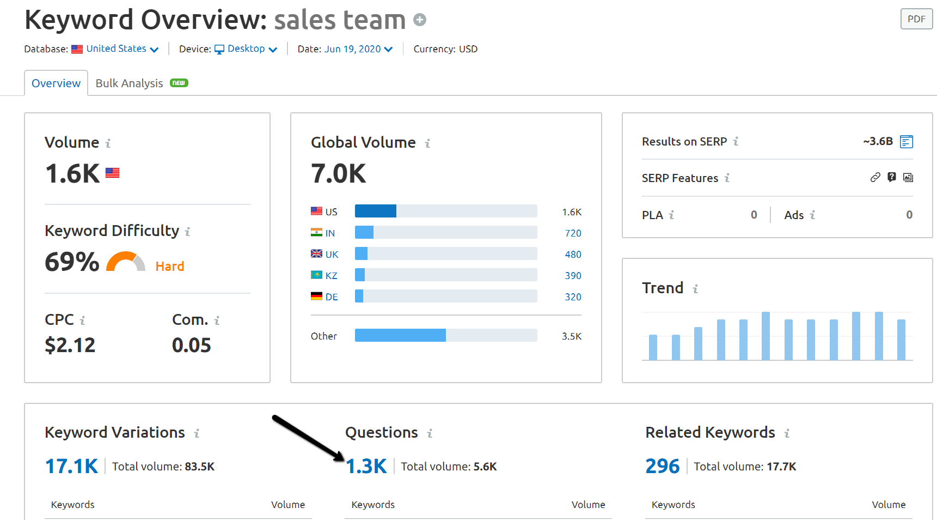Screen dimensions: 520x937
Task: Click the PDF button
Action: pos(916,19)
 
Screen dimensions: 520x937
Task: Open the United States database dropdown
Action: pos(122,49)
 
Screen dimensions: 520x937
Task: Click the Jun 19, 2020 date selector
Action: pos(358,49)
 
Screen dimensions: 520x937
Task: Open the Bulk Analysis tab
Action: pos(130,83)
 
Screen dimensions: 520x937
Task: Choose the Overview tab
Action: pos(56,83)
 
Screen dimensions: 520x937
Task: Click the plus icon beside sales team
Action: pos(419,20)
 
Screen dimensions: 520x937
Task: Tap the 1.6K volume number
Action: pos(72,174)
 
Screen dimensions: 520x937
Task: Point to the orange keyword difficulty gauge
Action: pos(125,262)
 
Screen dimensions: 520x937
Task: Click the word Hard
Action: pos(170,267)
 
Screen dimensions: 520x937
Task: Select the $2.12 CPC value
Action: pos(70,345)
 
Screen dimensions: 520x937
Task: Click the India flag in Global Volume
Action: pos(316,233)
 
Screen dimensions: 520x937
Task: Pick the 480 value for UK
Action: pos(573,255)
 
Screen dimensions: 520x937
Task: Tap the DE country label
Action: pos(332,297)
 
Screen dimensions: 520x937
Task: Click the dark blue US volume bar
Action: pos(375,211)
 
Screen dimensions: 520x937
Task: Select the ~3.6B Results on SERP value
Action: pos(878,142)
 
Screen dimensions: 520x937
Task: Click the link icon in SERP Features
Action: pos(875,177)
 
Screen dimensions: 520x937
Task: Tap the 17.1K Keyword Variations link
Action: pos(71,467)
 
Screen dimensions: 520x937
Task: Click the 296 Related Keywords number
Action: pos(662,467)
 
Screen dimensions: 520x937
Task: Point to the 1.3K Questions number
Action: pos(366,467)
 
